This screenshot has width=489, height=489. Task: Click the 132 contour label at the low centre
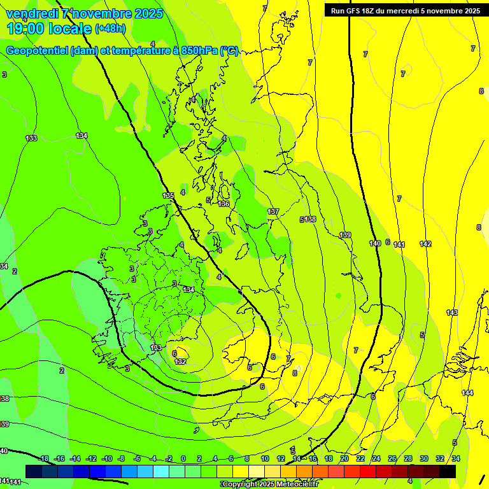[x=180, y=362]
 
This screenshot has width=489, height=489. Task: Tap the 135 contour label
[x=168, y=195]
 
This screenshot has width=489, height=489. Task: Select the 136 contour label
[x=223, y=204]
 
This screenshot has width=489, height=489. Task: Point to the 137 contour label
[x=273, y=211]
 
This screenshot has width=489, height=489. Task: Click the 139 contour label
[x=345, y=236]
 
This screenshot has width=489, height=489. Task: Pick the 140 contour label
[x=375, y=243]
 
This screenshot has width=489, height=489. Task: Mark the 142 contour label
[x=425, y=244]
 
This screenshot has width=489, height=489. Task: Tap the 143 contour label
[x=452, y=313]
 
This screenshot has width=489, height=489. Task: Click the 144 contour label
[x=468, y=393]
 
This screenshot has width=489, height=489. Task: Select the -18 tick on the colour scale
[x=43, y=458]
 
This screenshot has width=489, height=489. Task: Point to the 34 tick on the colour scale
[x=456, y=458]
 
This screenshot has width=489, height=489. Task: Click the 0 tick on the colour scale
[x=183, y=458]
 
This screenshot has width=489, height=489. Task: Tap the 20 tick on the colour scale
[x=344, y=458]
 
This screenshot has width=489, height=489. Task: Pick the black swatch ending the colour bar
[x=448, y=471]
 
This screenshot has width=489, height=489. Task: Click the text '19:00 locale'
[x=50, y=28]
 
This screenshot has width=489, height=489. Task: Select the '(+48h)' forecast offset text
[x=110, y=28]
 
